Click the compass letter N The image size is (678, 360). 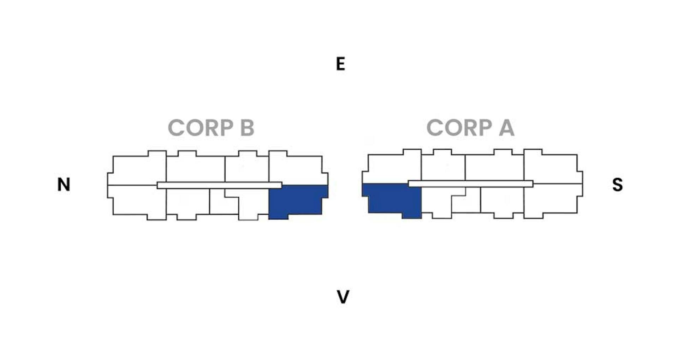(x=64, y=184)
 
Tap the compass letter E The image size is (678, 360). (x=340, y=64)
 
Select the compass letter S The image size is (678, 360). (x=618, y=184)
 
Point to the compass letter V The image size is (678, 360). (x=343, y=297)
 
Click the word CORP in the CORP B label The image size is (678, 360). (x=201, y=127)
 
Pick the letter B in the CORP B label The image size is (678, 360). (x=247, y=127)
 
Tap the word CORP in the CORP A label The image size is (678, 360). (x=459, y=127)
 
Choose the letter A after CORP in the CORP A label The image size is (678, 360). (x=506, y=127)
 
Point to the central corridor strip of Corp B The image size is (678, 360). (x=219, y=185)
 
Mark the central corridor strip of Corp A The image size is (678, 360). (x=471, y=184)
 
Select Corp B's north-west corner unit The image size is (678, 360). (x=137, y=202)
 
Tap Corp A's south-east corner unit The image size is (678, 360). (x=553, y=167)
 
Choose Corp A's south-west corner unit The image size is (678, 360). (x=553, y=200)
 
